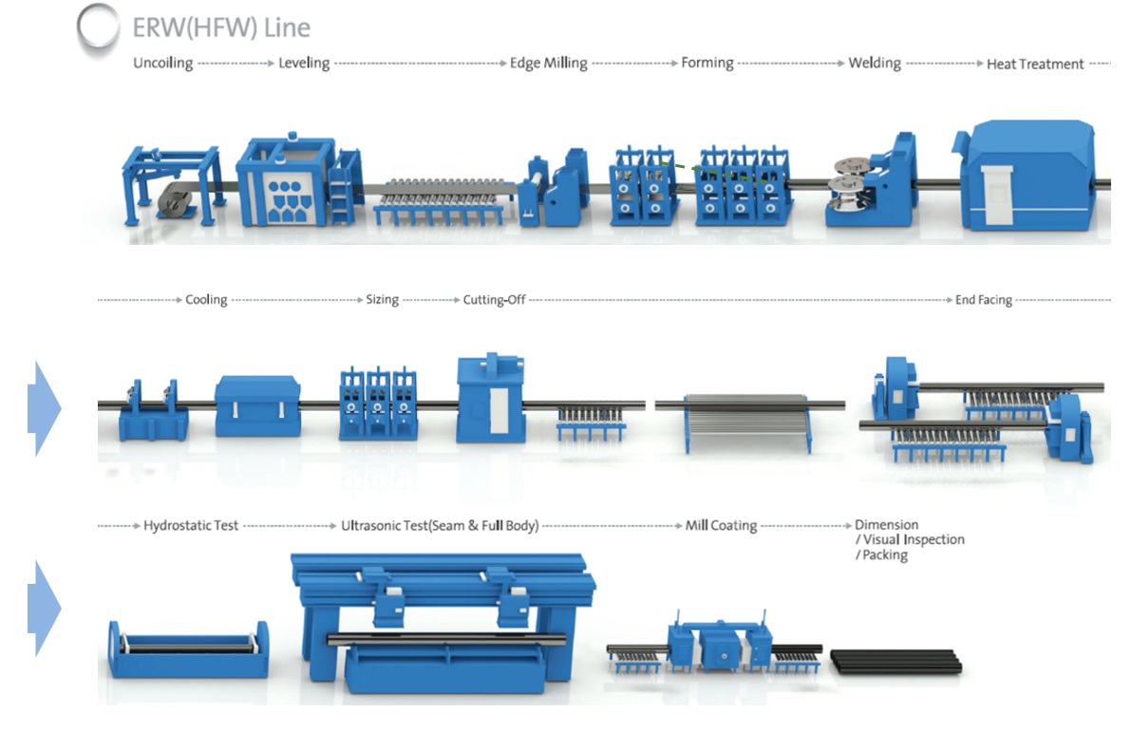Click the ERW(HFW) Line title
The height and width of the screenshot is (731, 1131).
pos(221,28)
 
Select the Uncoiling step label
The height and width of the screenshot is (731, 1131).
pos(162,64)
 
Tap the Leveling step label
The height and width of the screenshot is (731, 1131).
pos(304,64)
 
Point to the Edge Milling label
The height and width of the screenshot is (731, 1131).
pos(549,64)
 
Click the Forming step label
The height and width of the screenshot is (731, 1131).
pos(707,64)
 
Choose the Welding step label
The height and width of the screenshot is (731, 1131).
pos(875,64)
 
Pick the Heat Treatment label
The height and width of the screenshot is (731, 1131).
pos(1035,65)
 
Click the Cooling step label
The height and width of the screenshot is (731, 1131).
pos(206,300)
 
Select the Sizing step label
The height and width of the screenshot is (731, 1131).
pos(383,300)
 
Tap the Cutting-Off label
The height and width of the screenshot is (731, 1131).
pos(494,300)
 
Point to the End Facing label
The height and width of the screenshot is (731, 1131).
pos(984,300)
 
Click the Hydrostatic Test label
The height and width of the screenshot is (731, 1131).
pos(191,525)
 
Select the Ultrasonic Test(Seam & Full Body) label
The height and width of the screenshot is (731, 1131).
pos(440,525)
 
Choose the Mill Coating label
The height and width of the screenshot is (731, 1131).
pos(721,525)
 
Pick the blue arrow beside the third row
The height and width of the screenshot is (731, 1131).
pos(44,608)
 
